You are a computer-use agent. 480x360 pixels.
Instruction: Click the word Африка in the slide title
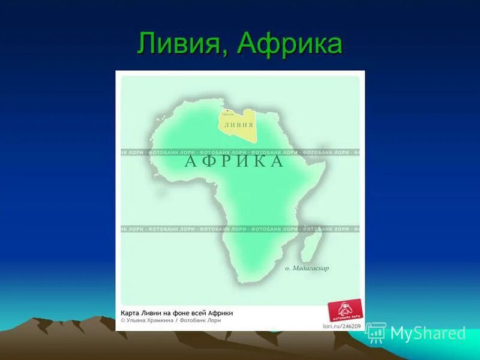point(289,43)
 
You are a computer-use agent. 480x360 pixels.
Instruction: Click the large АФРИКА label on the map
point(234,161)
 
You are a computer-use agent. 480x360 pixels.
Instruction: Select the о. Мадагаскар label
point(307,268)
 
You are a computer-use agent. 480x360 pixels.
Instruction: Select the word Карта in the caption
point(130,313)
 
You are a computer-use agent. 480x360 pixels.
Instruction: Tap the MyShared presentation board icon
point(376,332)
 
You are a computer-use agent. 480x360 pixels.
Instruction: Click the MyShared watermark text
point(427,334)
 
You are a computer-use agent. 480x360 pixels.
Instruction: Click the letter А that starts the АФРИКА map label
point(190,161)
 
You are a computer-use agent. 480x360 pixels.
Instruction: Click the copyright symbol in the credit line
point(123,320)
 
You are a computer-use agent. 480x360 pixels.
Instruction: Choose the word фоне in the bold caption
point(184,313)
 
